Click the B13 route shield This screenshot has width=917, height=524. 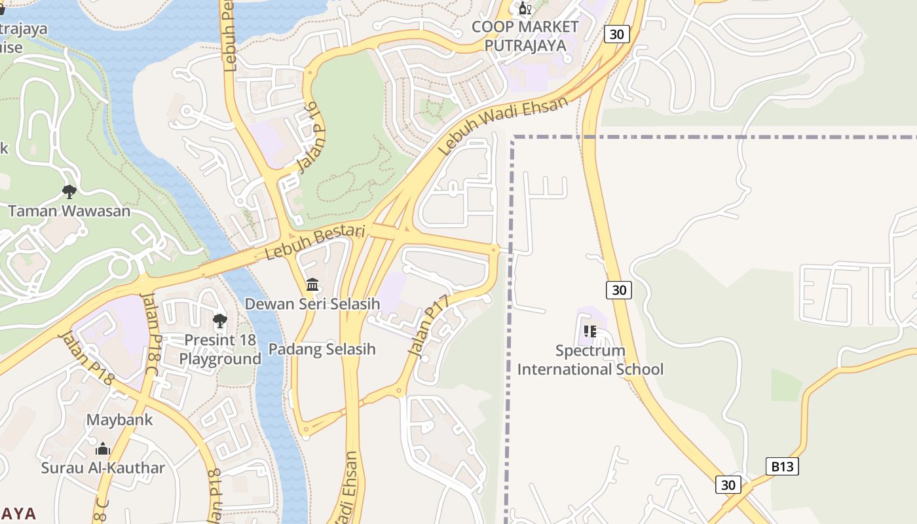pyautogui.click(x=782, y=466)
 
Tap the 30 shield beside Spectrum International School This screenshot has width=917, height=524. pyautogui.click(x=618, y=290)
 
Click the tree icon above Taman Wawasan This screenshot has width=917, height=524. pyautogui.click(x=69, y=191)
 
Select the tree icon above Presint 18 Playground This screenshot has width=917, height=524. pyautogui.click(x=220, y=320)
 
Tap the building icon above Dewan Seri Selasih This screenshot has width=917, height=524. pyautogui.click(x=312, y=285)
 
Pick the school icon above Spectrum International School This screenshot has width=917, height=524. pyautogui.click(x=589, y=331)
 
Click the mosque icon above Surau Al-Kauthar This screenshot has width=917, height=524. pyautogui.click(x=103, y=449)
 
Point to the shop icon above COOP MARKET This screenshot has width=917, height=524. pyautogui.click(x=525, y=9)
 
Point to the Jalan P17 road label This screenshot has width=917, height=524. pyautogui.click(x=430, y=326)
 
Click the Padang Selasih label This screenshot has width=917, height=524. pyautogui.click(x=322, y=349)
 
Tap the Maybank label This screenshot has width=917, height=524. pyautogui.click(x=119, y=420)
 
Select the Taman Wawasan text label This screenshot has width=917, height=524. pyautogui.click(x=69, y=211)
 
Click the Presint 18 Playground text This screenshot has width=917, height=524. pyautogui.click(x=220, y=350)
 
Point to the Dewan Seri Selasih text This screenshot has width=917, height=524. pyautogui.click(x=312, y=304)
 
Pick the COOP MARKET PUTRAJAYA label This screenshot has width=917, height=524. pyautogui.click(x=525, y=36)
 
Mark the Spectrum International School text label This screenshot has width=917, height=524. pyautogui.click(x=590, y=360)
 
